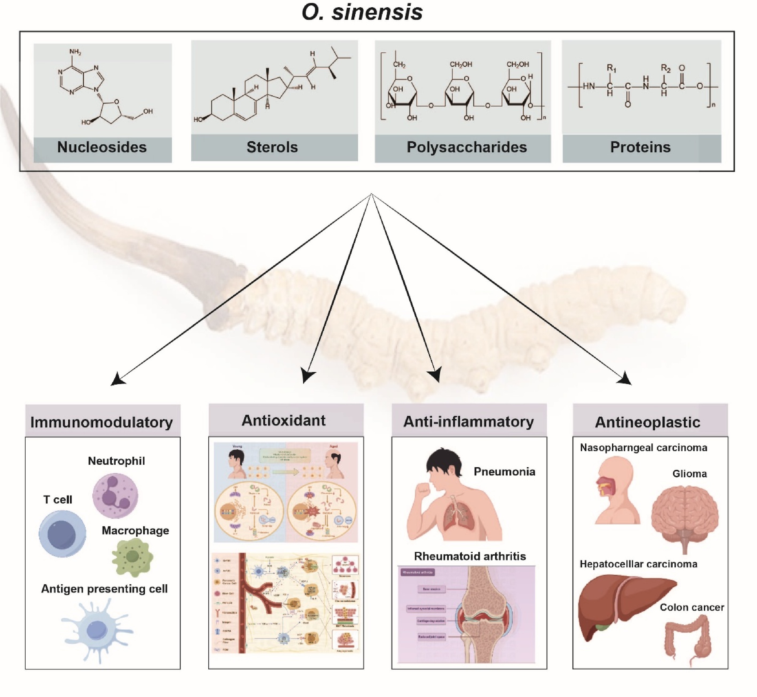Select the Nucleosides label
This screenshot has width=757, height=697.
click(x=102, y=147)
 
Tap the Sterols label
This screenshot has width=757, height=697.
click(x=272, y=147)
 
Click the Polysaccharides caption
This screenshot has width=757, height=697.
click(x=466, y=147)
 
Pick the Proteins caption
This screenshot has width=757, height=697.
click(x=640, y=147)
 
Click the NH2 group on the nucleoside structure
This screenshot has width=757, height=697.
click(x=75, y=52)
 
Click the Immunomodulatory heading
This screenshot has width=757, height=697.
click(x=102, y=422)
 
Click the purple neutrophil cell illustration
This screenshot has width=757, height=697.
click(x=115, y=495)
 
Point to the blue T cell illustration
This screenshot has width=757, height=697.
click(x=62, y=534)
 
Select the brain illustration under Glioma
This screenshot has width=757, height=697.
click(x=685, y=516)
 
